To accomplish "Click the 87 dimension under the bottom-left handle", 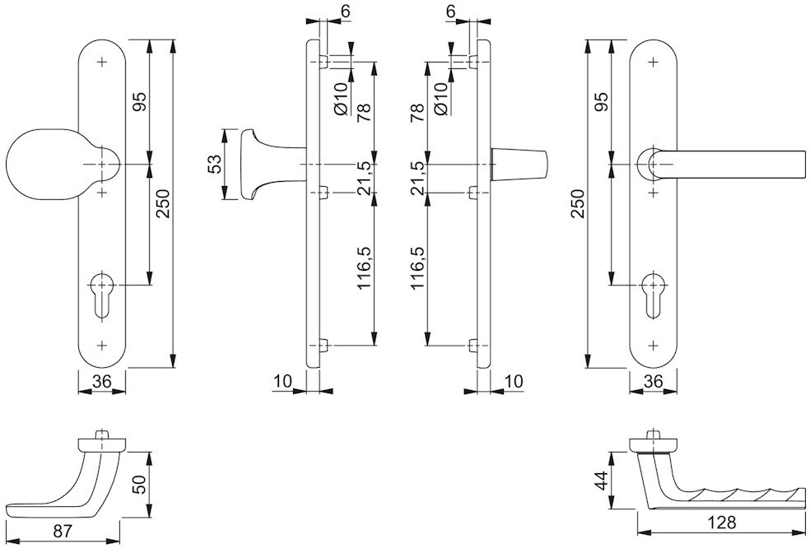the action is (62, 532).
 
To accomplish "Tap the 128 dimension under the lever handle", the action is (722, 523).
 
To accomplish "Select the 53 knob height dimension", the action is (214, 164).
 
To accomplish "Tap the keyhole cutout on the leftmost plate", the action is (102, 293).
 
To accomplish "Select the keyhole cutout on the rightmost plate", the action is (654, 293).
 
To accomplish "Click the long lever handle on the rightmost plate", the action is (723, 165).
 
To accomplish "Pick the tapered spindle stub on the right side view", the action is (519, 165).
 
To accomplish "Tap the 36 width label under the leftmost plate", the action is (102, 382).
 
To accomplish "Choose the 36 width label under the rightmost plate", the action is (654, 382).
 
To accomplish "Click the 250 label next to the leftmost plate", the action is (163, 204).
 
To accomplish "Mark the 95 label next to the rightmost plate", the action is (601, 102).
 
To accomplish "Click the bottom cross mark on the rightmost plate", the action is (654, 345).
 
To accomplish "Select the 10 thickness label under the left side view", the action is (282, 382).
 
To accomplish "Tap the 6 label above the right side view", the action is (450, 12).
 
